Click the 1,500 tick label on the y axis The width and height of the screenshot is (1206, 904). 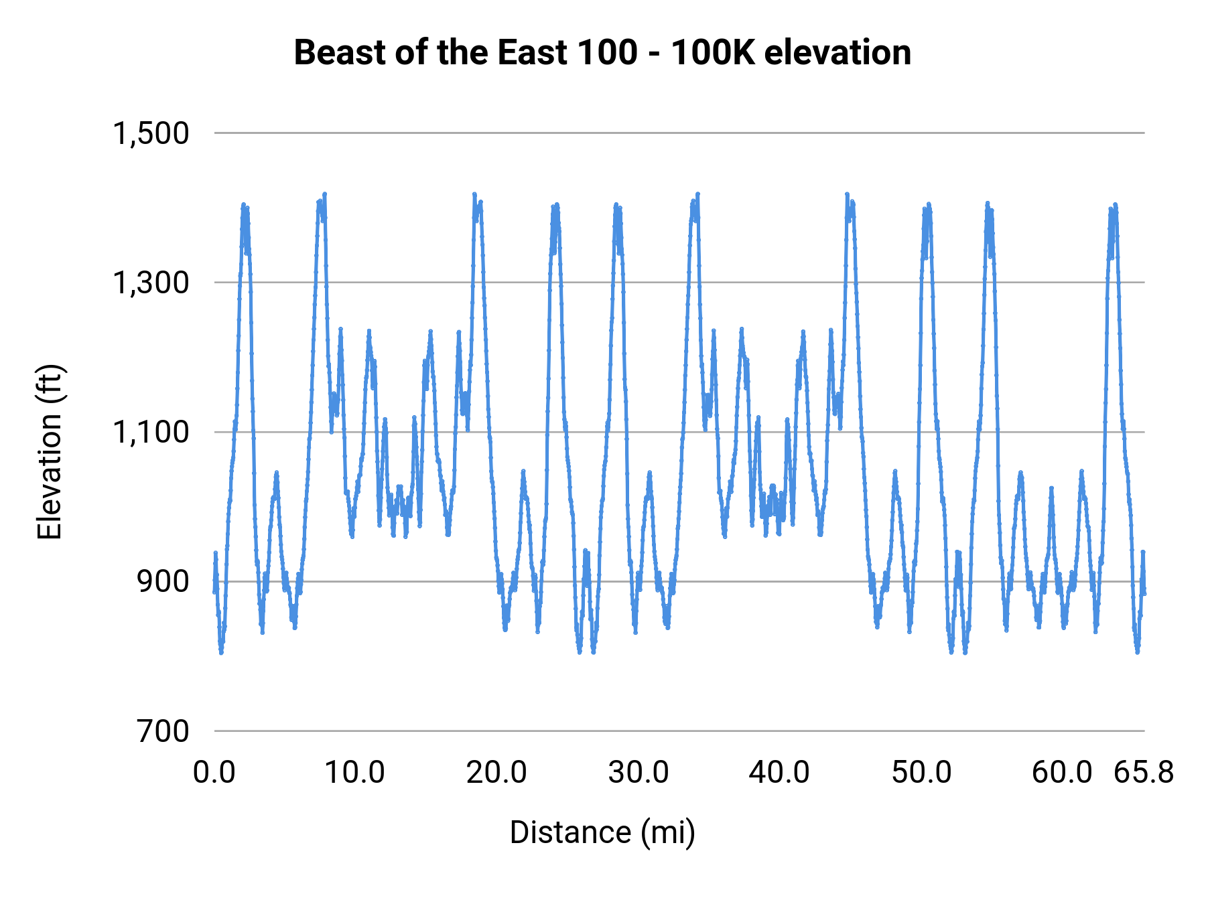coord(151,133)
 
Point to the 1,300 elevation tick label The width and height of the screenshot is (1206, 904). coord(151,283)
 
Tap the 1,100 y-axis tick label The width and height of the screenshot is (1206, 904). coord(151,432)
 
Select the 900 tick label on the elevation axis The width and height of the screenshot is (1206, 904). coord(163,581)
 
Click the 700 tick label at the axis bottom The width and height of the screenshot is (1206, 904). coord(163,731)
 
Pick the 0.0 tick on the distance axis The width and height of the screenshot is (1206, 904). coord(214,773)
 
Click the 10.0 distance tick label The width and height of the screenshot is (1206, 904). coord(355,773)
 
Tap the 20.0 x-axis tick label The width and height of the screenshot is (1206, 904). coord(496,773)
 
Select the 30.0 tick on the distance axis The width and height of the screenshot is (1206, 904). coord(638,773)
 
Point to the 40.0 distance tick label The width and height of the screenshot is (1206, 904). coord(779,773)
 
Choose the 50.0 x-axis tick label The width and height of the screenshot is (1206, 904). coord(921,773)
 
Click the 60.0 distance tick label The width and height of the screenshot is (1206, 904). coord(1062,773)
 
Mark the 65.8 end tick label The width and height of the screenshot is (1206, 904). coord(1144,773)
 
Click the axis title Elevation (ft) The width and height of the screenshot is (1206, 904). coord(50,452)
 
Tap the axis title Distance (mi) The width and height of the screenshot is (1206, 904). coord(602,832)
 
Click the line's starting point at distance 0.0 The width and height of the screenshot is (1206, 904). coord(214,592)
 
